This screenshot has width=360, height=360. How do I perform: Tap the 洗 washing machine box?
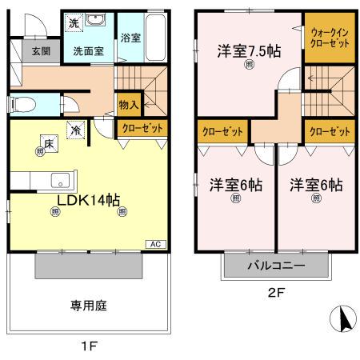tap(73, 23)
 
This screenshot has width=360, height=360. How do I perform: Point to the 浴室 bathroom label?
tap(130, 38)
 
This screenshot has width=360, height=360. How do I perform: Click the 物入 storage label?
tap(129, 103)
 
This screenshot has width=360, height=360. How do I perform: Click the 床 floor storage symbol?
tap(48, 144)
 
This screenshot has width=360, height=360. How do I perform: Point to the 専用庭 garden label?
tap(88, 306)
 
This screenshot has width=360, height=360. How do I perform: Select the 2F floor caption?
tap(276, 292)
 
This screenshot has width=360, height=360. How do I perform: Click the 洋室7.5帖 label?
tap(249, 51)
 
